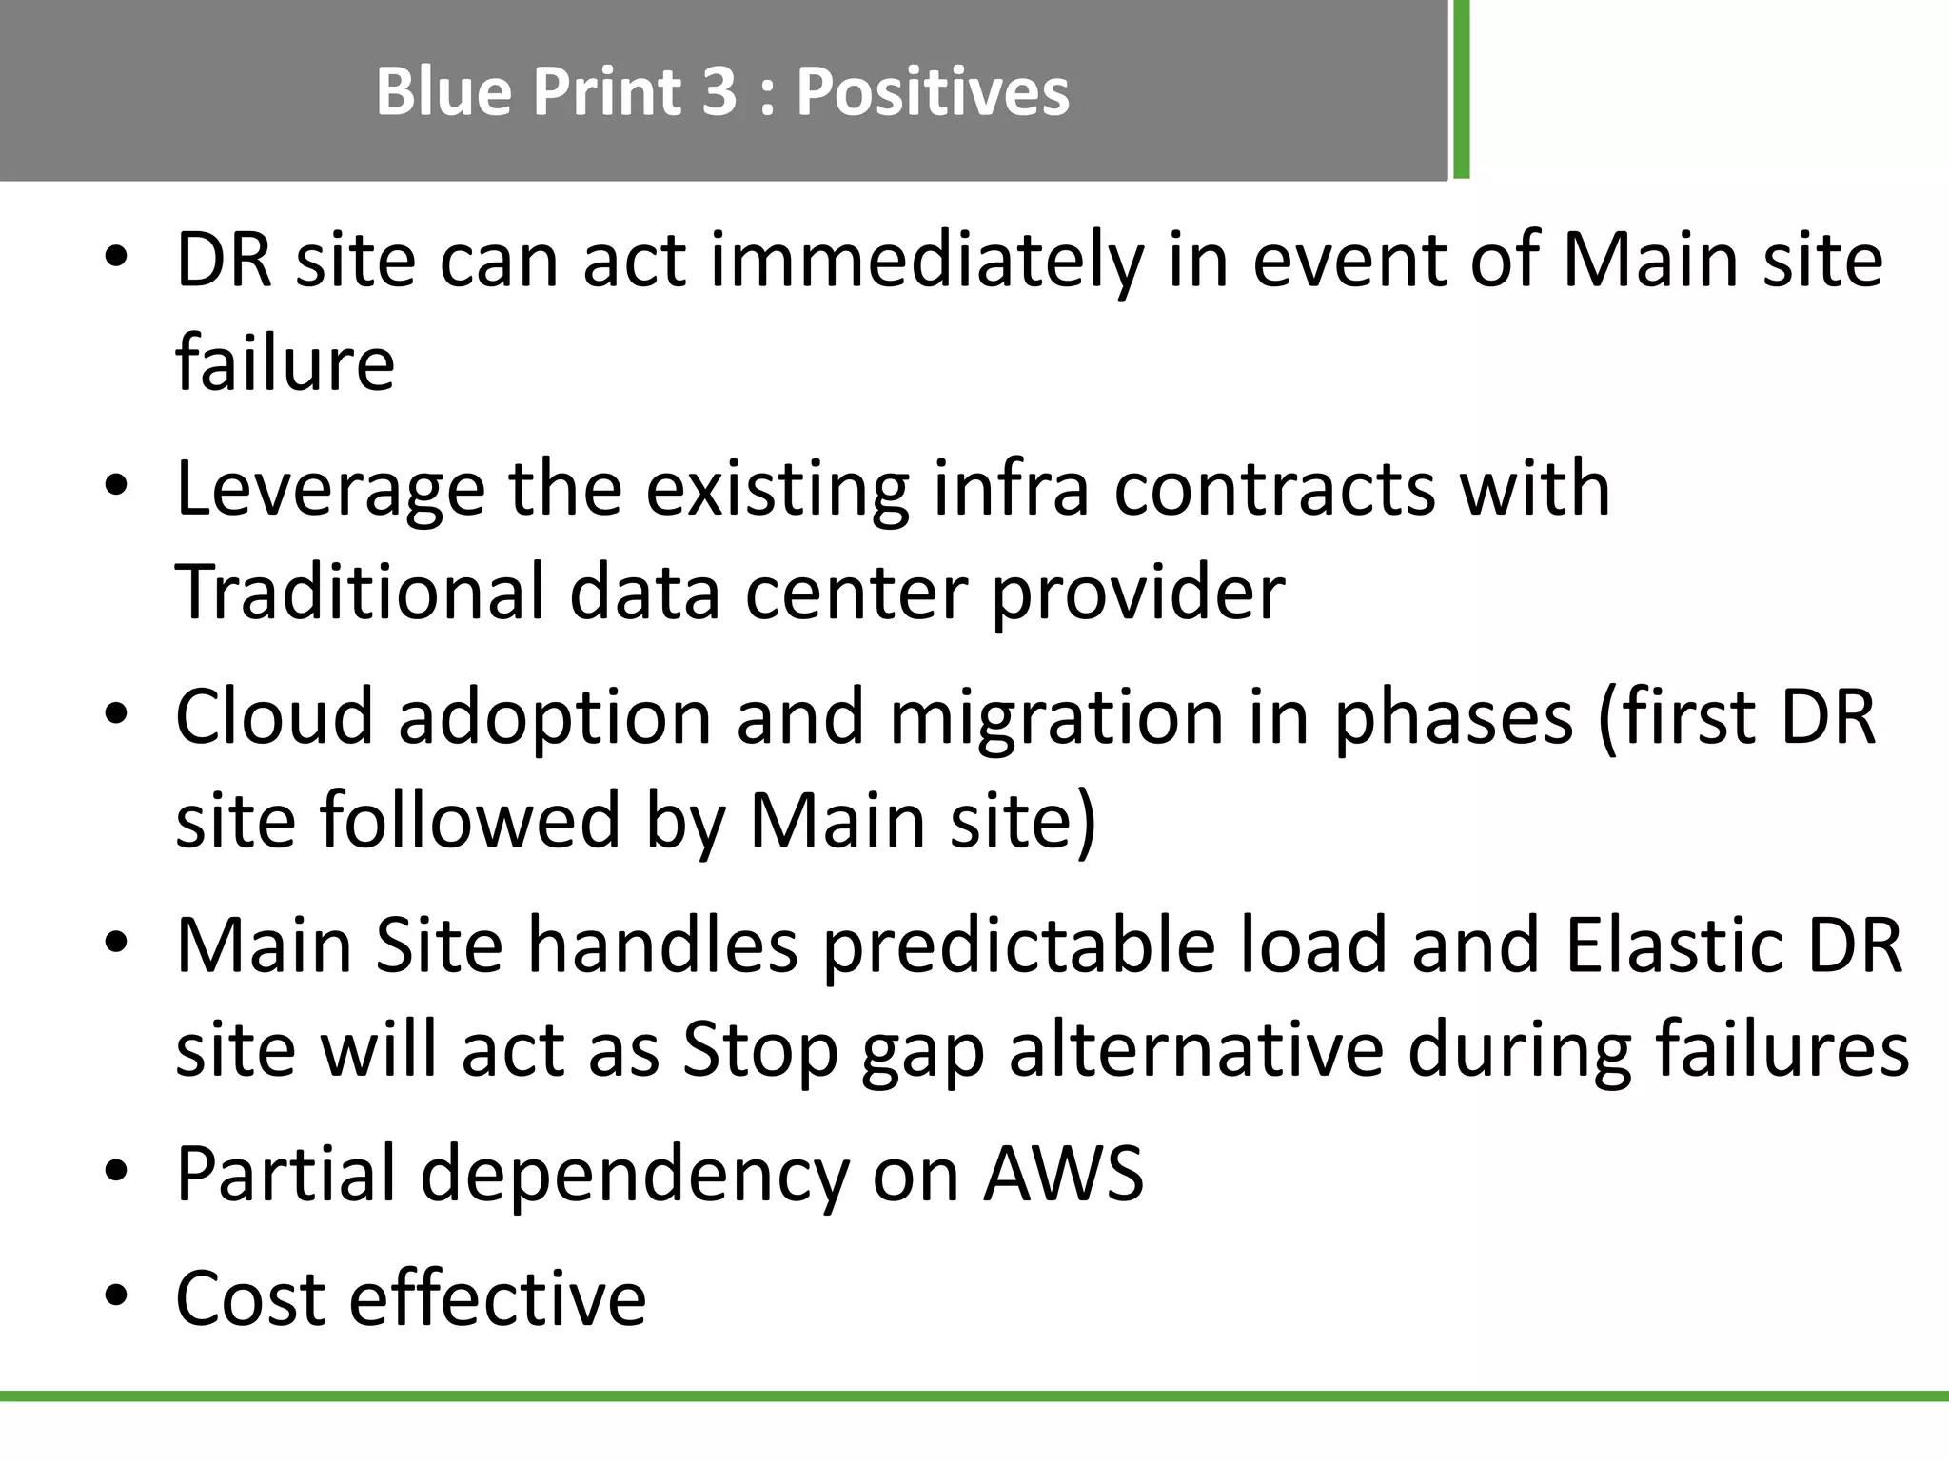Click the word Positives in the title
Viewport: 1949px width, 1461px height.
tap(932, 92)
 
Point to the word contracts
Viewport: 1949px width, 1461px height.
tap(1273, 489)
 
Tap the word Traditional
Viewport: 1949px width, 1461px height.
tap(360, 592)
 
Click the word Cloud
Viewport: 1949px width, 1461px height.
tap(274, 716)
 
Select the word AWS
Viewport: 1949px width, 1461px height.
tap(1063, 1175)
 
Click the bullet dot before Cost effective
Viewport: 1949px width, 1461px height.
tap(116, 1296)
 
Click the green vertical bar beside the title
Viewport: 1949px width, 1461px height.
tap(1461, 89)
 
